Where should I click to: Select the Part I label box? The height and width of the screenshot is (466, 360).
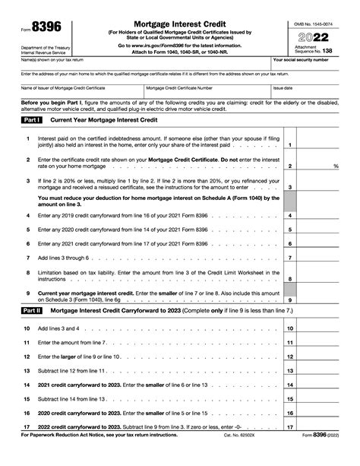[32, 120]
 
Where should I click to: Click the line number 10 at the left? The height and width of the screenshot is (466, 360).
[27, 328]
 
